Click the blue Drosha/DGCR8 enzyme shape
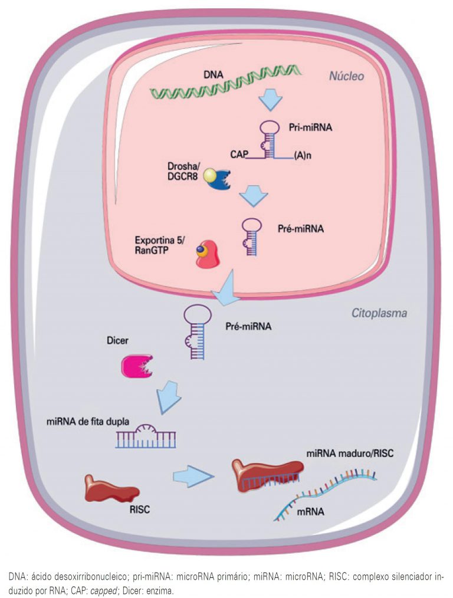click(x=219, y=179)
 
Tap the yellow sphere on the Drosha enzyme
click(x=210, y=175)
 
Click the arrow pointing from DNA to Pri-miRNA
click(x=271, y=100)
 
